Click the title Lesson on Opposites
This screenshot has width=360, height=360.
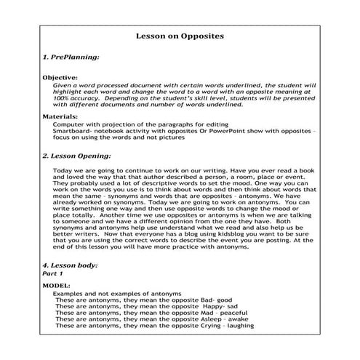180,36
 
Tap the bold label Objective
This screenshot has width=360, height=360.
60,76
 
